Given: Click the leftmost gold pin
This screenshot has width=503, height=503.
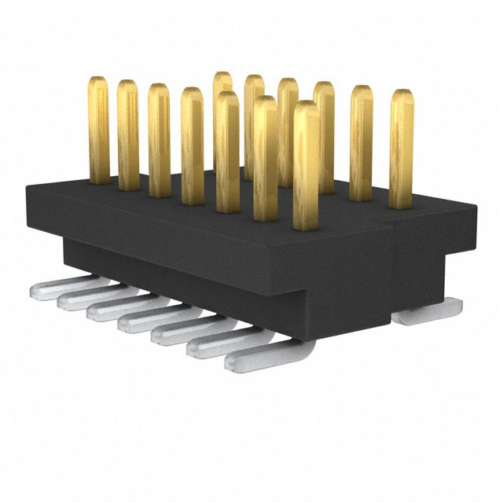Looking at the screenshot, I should coord(99,130).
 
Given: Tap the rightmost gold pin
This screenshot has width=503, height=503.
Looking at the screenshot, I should coord(402,149).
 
